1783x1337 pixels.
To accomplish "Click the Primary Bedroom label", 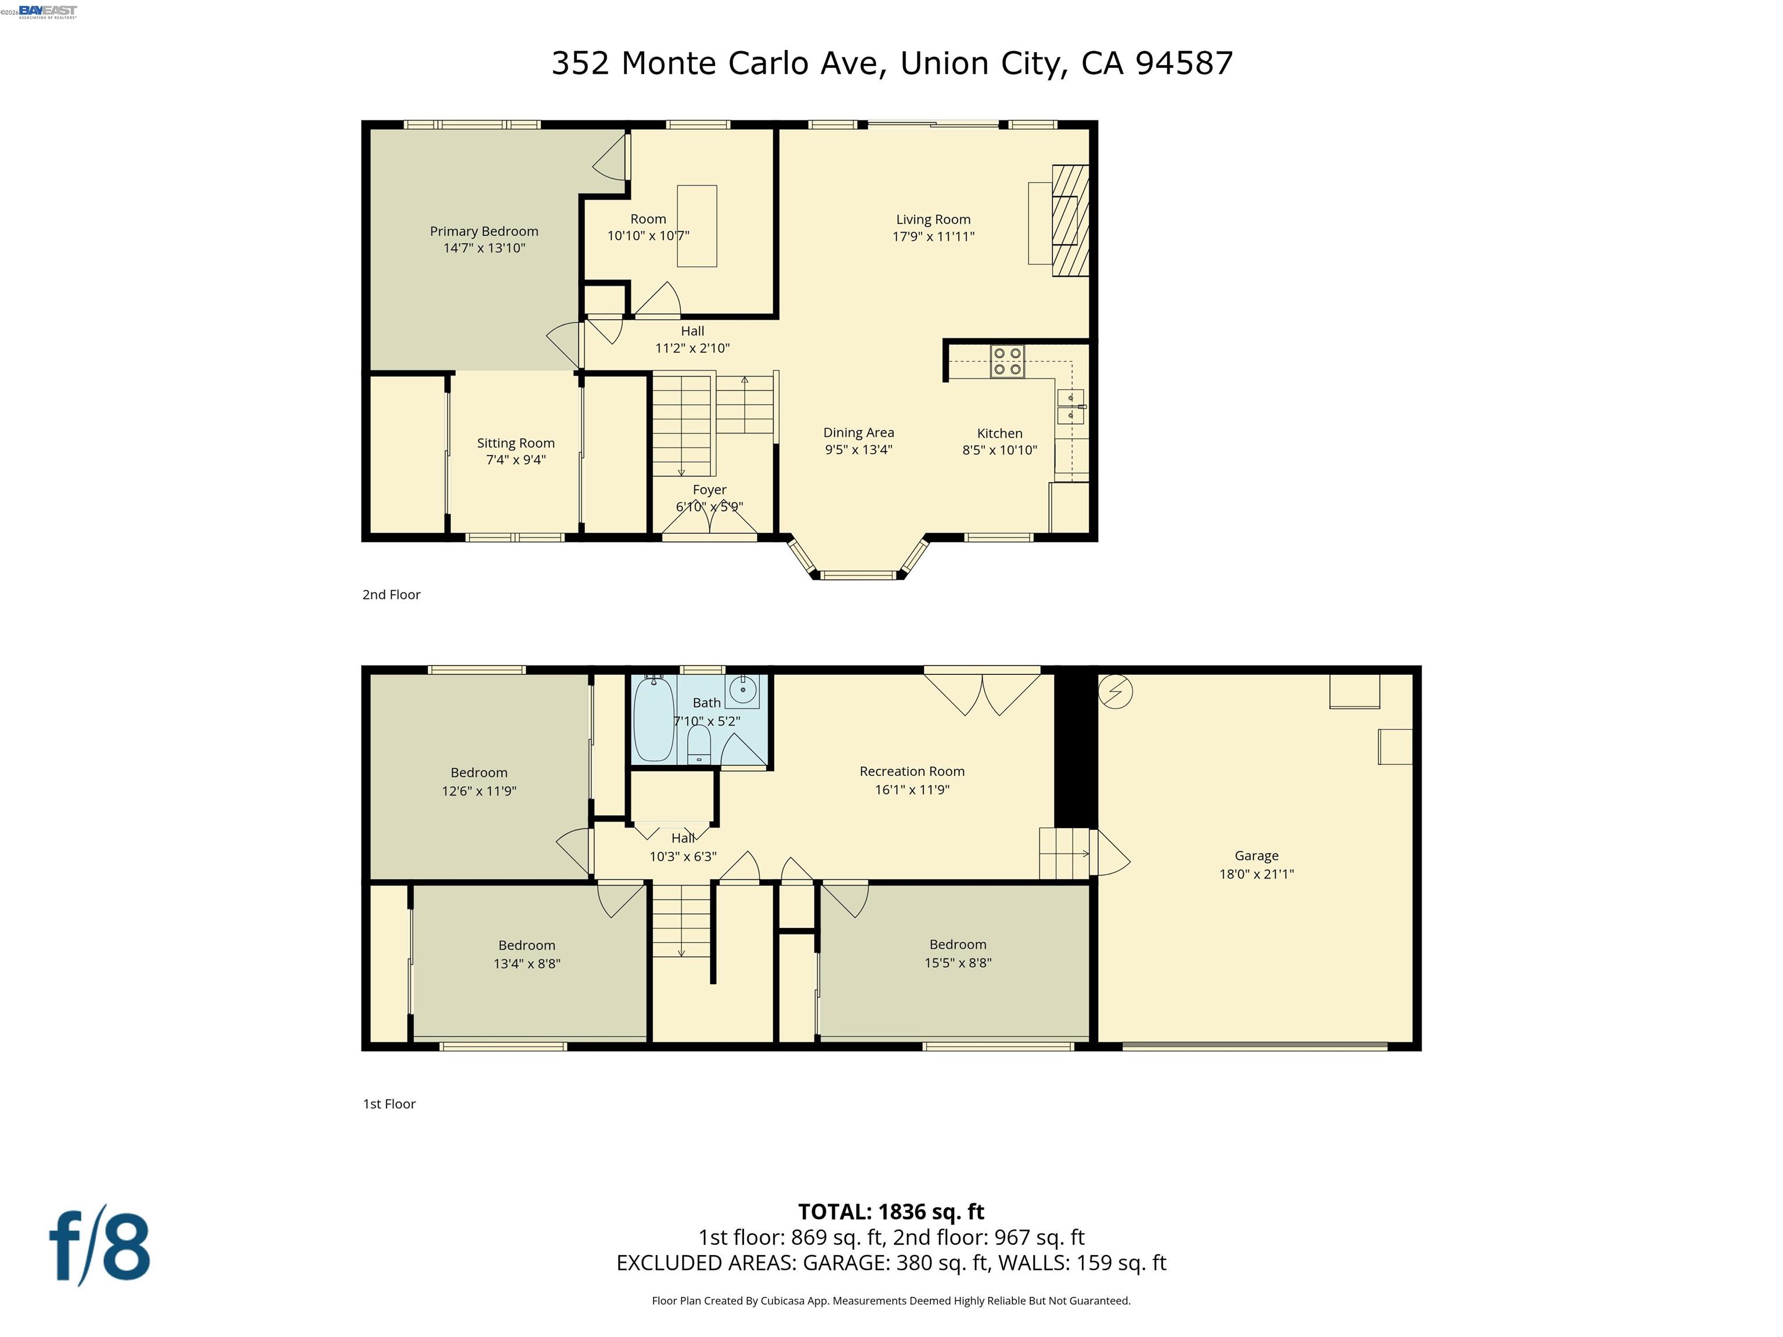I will (483, 232).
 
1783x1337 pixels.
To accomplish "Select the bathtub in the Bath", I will (653, 719).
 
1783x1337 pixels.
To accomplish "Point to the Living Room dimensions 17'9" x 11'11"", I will (933, 237).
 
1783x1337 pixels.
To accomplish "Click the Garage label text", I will (1256, 856).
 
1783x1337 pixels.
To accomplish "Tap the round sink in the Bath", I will (742, 690).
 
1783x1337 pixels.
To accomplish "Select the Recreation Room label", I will (912, 771).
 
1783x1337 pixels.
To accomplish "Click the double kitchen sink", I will (1070, 406).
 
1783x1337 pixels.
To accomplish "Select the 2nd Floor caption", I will (391, 595).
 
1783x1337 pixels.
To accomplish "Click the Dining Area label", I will (858, 433).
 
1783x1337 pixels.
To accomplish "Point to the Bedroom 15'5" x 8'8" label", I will (958, 953).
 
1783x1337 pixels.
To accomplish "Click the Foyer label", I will (709, 490).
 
